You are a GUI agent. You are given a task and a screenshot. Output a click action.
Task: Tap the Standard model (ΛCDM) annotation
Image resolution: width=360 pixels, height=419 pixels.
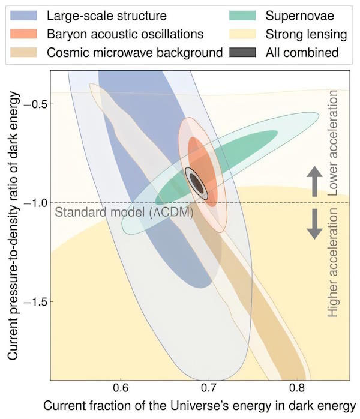pyautogui.click(x=124, y=213)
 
